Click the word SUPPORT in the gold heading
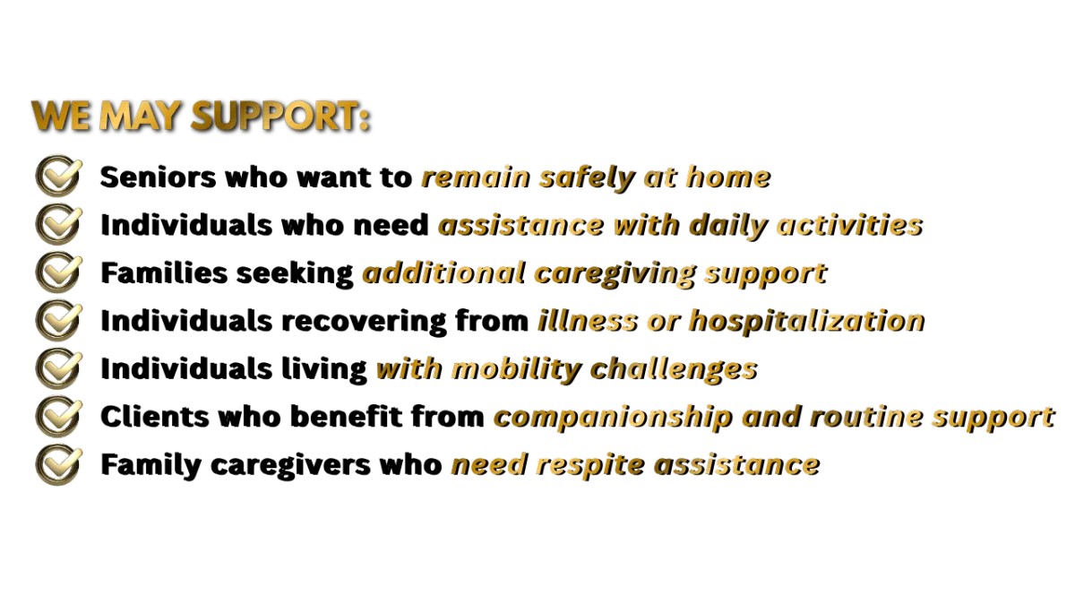(280, 116)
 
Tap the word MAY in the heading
(140, 116)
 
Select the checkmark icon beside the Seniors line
(58, 176)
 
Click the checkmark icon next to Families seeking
(58, 272)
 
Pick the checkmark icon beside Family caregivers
(58, 464)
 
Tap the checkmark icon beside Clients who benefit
(58, 416)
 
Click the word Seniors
(158, 177)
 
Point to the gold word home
(728, 177)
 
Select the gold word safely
(587, 178)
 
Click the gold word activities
(849, 225)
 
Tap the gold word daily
(728, 227)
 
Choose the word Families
(164, 273)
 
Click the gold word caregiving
(615, 274)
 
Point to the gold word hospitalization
(807, 321)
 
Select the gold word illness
(588, 320)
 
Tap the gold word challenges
(674, 369)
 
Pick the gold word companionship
(613, 418)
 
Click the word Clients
(155, 416)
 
